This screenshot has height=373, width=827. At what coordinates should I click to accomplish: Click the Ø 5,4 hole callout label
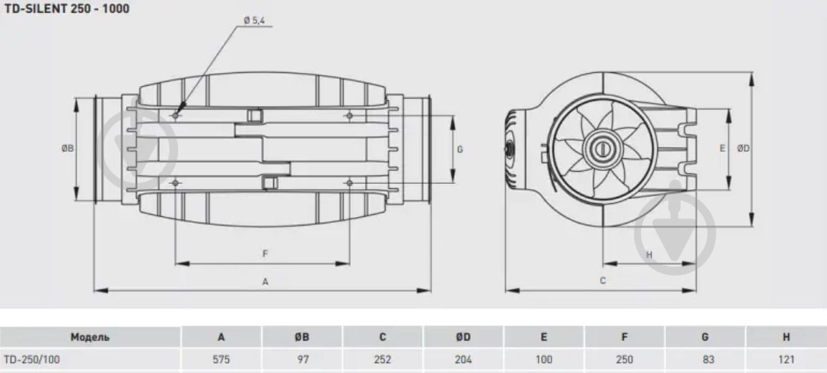[x=254, y=21]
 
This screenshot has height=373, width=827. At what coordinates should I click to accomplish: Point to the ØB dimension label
[x=67, y=149]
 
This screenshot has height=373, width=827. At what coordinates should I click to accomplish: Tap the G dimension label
[x=460, y=150]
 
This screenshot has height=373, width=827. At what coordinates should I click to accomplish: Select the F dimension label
[x=266, y=253]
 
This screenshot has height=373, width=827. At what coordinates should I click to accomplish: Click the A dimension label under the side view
[x=266, y=282]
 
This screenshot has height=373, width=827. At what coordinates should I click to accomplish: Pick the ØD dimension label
[x=743, y=149]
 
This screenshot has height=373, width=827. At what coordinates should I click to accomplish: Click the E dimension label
[x=723, y=149]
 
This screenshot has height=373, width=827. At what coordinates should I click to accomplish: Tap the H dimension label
[x=650, y=255]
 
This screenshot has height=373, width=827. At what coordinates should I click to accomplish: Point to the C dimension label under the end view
[x=603, y=281]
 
